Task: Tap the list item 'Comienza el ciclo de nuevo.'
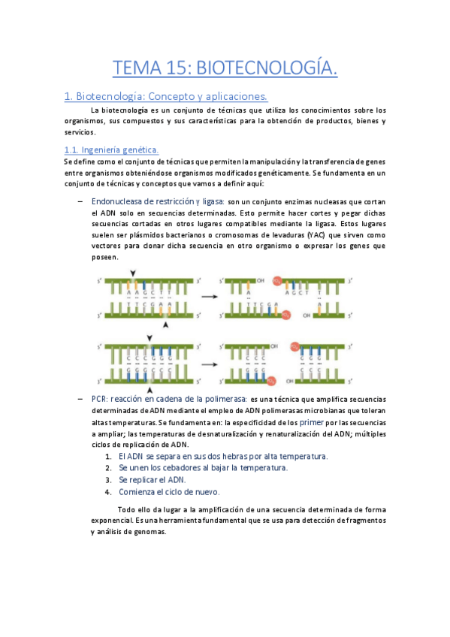(x=169, y=492)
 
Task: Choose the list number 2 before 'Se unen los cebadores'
(x=109, y=468)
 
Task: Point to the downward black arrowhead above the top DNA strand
(x=134, y=274)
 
